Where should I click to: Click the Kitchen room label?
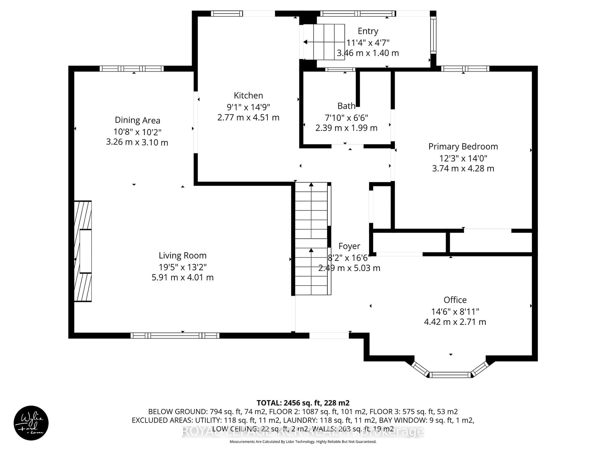point(248,96)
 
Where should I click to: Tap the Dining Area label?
point(137,120)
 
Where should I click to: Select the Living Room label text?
point(182,255)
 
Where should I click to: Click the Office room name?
point(455,300)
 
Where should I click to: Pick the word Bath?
point(346,106)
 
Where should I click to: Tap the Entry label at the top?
point(368,31)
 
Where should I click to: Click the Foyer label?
point(349,246)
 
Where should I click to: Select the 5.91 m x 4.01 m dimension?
point(182,277)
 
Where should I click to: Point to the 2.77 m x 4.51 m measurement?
point(248,118)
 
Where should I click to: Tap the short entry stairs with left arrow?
point(324,42)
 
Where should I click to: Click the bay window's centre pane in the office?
point(450,375)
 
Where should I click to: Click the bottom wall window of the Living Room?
point(175,335)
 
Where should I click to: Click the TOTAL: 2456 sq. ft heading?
point(303,403)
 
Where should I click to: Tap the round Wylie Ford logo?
point(31,423)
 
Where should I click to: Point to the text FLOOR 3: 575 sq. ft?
point(413,412)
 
